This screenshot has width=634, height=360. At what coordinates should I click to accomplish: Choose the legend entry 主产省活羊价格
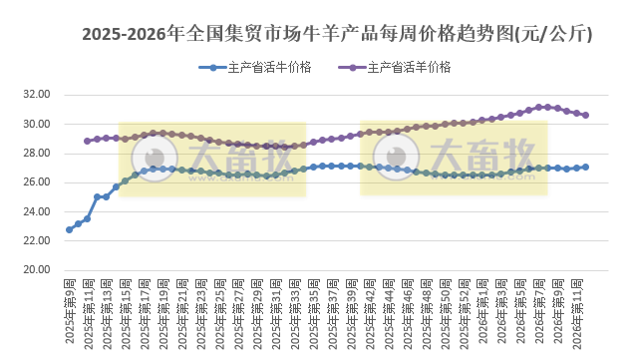[x=409, y=68]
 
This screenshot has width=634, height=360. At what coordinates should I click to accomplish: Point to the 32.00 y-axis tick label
[x=36, y=95]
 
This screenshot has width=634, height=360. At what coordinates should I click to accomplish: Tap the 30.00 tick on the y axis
[x=36, y=124]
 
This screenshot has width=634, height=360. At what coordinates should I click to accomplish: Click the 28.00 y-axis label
[x=36, y=153]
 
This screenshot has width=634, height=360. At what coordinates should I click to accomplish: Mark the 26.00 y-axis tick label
[x=36, y=182]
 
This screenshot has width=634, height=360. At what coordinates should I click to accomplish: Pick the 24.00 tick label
[x=36, y=211]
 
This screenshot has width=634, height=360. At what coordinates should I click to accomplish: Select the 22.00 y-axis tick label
[x=36, y=240]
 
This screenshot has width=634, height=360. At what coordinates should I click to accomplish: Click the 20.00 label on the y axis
[x=36, y=270]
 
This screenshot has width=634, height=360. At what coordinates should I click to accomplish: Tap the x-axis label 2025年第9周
[x=70, y=311]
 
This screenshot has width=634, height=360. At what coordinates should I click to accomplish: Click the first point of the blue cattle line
[x=69, y=229]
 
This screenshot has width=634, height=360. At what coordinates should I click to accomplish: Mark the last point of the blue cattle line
[x=585, y=167]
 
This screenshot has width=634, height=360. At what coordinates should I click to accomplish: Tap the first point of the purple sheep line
[x=88, y=141]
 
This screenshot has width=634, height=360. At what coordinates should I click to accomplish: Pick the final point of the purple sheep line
[x=585, y=115]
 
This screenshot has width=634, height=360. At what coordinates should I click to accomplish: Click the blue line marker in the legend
[x=212, y=68]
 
